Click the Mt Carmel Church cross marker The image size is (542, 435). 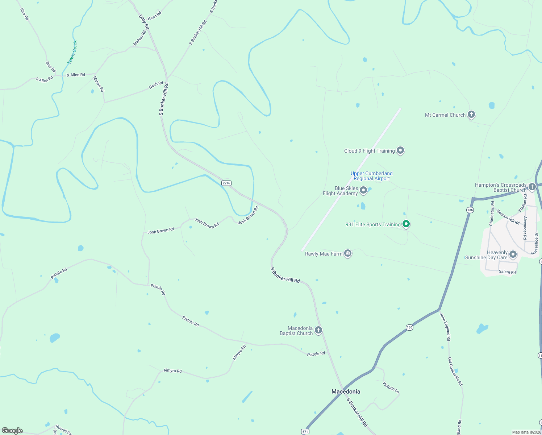(x=471, y=115)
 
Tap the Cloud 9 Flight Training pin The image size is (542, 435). (x=400, y=150)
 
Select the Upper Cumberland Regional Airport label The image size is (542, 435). (x=371, y=176)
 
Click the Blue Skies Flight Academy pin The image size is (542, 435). (x=363, y=190)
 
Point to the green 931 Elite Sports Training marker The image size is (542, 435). (x=406, y=224)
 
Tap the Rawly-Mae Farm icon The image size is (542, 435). (x=348, y=253)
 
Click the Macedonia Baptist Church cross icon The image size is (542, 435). (x=318, y=330)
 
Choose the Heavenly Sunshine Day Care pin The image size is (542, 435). (x=513, y=254)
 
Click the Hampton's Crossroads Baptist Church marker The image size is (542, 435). (x=532, y=187)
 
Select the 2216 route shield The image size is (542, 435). (x=226, y=183)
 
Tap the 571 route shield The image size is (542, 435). (x=305, y=431)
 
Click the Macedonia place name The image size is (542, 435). (x=346, y=391)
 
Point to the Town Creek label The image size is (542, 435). (x=72, y=52)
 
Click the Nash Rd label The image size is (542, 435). (x=156, y=85)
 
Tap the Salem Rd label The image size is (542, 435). (x=507, y=272)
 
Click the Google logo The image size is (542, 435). (x=12, y=431)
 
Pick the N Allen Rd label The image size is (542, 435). (x=75, y=75)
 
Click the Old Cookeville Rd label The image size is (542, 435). (x=455, y=371)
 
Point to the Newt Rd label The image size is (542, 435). (x=154, y=16)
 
